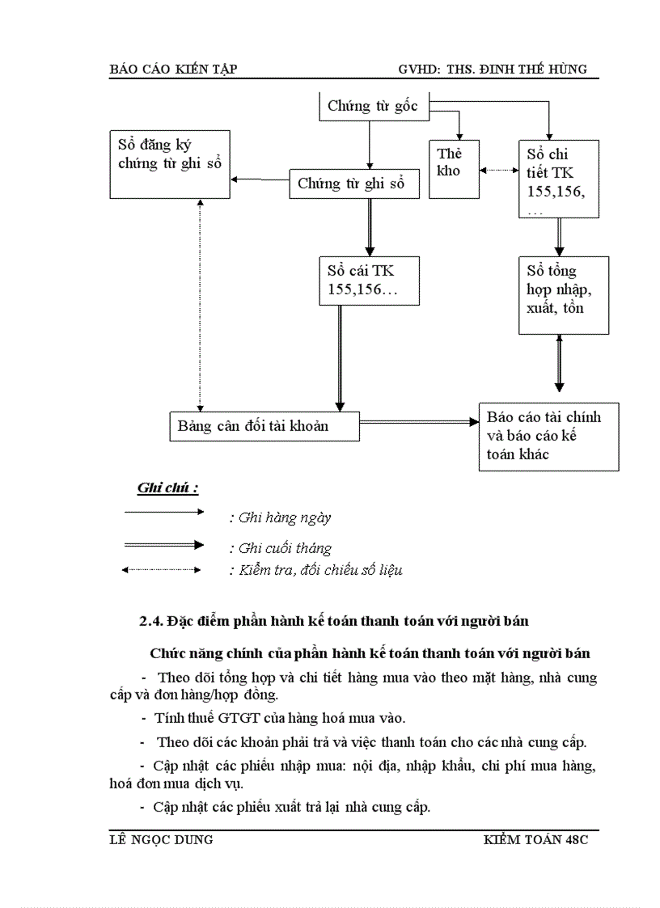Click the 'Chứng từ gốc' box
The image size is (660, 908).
tap(373, 106)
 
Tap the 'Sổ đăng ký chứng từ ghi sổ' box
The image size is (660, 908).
tap(169, 166)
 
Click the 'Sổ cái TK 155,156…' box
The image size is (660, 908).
tap(369, 281)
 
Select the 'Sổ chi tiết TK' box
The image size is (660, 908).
tap(559, 178)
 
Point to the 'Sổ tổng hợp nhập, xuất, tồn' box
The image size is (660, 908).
tap(563, 295)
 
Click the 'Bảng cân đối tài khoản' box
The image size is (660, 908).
tap(264, 425)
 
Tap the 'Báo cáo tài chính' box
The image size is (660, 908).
tap(548, 437)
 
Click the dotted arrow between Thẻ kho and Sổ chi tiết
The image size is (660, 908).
tap(499, 170)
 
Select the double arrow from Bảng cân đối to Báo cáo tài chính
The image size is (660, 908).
tap(418, 422)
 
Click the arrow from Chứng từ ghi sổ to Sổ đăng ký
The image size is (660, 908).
tap(259, 179)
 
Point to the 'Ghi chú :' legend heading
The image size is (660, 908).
tap(167, 488)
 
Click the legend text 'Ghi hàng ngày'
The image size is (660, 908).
tap(280, 518)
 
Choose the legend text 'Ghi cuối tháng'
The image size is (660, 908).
tap(281, 548)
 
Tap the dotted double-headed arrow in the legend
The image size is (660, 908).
tap(161, 570)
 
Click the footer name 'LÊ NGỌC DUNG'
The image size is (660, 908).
tap(161, 839)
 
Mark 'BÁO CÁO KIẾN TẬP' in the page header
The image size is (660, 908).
tap(172, 70)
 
